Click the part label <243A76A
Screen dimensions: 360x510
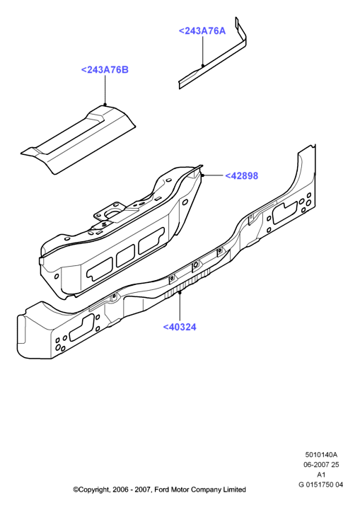click(x=202, y=31)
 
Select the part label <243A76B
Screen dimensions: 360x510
click(x=105, y=69)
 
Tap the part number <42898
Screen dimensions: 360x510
click(x=242, y=175)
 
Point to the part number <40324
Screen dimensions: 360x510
click(x=180, y=327)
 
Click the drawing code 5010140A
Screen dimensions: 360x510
click(x=321, y=455)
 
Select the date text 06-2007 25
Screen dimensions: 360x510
click(x=321, y=465)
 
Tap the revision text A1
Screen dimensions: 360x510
click(x=321, y=475)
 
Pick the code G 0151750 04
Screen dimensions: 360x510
click(x=320, y=485)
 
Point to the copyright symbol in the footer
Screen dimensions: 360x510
click(x=76, y=489)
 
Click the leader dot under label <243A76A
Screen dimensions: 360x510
click(x=202, y=66)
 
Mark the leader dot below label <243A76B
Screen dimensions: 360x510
click(x=105, y=105)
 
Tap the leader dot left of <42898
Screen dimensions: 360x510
click(x=202, y=175)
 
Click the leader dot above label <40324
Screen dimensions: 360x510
click(x=180, y=292)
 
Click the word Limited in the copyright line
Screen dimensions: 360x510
click(x=234, y=489)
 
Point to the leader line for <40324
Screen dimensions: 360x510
click(x=180, y=307)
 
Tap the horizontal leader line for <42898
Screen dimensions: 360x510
click(x=213, y=175)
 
